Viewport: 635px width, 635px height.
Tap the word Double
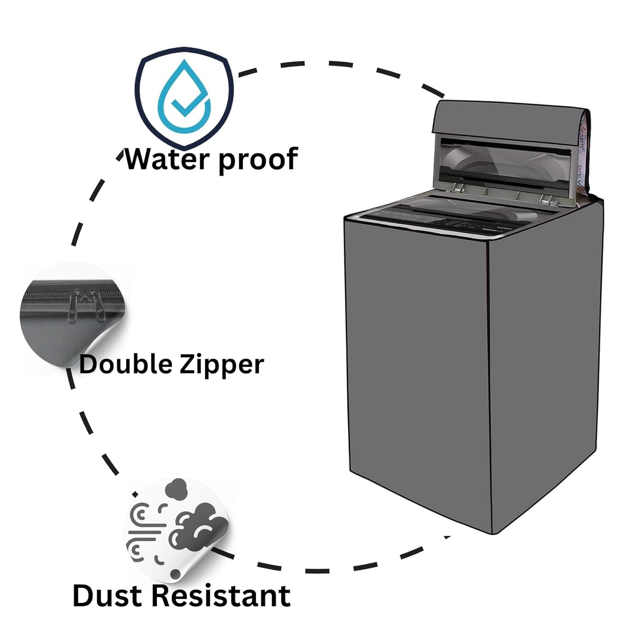tap(126, 364)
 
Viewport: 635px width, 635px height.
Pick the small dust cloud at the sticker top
tap(175, 489)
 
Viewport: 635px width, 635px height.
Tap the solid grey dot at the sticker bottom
tap(174, 574)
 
